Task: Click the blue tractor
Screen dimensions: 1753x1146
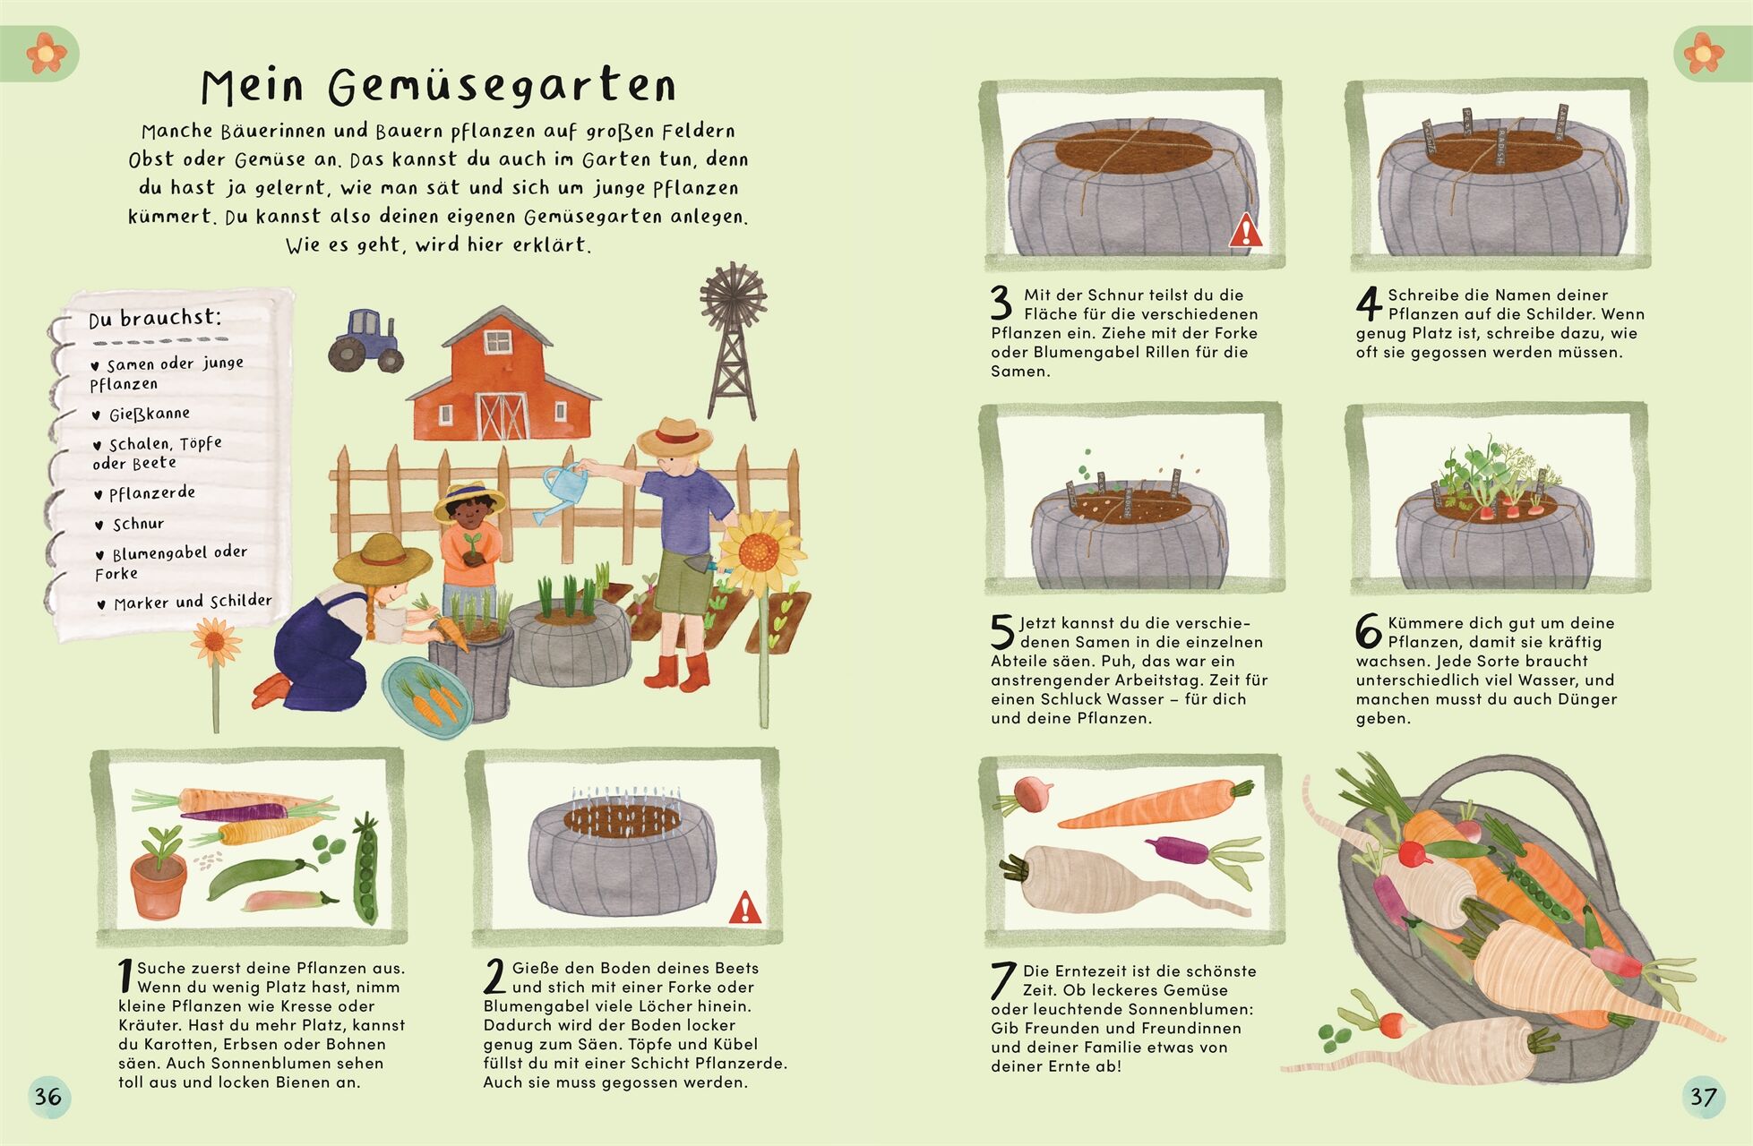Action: coord(365,340)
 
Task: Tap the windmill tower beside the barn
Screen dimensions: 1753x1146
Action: coord(734,340)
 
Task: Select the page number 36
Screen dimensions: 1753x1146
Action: coord(47,1096)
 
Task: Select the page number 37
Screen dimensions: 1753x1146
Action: coord(1703,1097)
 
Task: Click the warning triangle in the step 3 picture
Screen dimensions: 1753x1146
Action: coord(1245,231)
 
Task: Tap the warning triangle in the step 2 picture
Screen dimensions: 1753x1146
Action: coord(744,908)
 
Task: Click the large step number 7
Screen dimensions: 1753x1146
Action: coord(1003,980)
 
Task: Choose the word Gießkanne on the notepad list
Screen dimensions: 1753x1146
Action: coord(150,414)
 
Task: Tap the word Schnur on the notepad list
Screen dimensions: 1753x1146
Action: coord(138,524)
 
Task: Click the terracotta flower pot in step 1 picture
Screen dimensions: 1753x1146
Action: coord(159,882)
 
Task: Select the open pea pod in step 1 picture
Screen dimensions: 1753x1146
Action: coord(365,868)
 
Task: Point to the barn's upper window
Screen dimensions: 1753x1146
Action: coord(498,341)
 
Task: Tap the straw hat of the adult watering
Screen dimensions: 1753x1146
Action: coord(675,438)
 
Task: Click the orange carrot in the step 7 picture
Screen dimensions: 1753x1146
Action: coord(1156,805)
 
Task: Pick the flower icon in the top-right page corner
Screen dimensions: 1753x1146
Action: coord(1703,53)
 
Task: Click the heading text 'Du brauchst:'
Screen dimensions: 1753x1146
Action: coord(154,318)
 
